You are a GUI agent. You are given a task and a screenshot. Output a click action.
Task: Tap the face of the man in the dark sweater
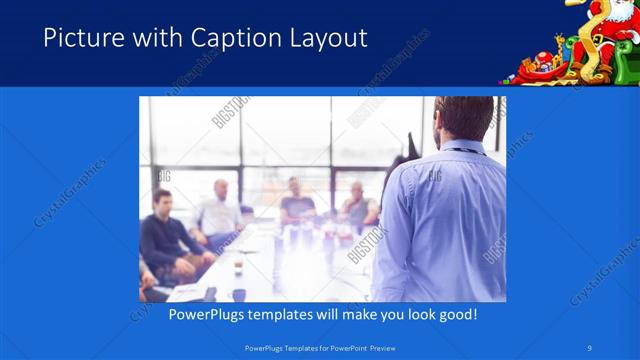point(161,203)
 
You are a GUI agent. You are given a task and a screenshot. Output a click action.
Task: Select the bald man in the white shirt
point(221,205)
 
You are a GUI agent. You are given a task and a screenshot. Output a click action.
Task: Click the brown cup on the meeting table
point(238,268)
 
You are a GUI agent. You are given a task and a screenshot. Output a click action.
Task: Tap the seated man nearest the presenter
point(358,205)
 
